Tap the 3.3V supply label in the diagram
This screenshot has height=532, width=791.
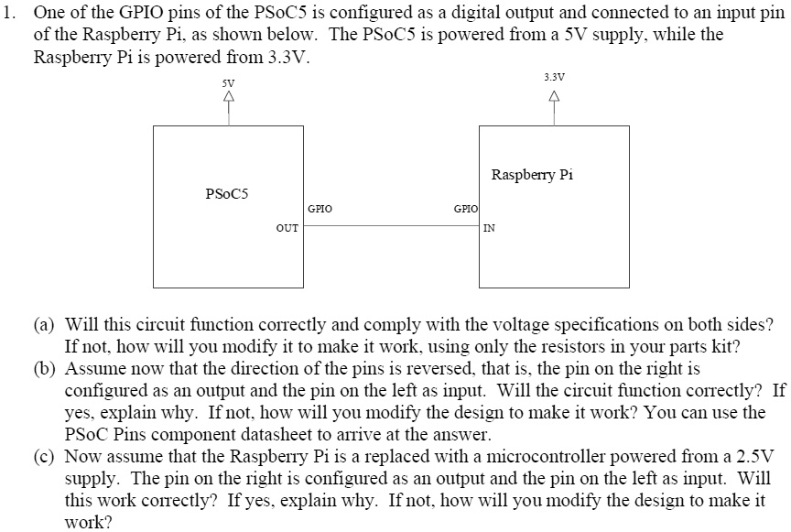point(554,77)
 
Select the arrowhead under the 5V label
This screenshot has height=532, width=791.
point(228,95)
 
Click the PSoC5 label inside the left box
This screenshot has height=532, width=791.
point(227,193)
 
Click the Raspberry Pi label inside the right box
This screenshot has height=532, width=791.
point(532,174)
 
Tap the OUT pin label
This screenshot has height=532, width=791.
point(287,227)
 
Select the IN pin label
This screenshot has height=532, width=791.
point(490,228)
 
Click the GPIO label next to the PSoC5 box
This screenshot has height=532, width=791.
point(320,209)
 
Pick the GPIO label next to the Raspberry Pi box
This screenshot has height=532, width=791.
point(466,209)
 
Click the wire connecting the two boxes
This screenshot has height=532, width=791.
point(391,221)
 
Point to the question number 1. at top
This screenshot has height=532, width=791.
point(9,15)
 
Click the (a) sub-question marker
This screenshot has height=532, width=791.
point(44,325)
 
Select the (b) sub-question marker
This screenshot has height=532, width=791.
point(44,369)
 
